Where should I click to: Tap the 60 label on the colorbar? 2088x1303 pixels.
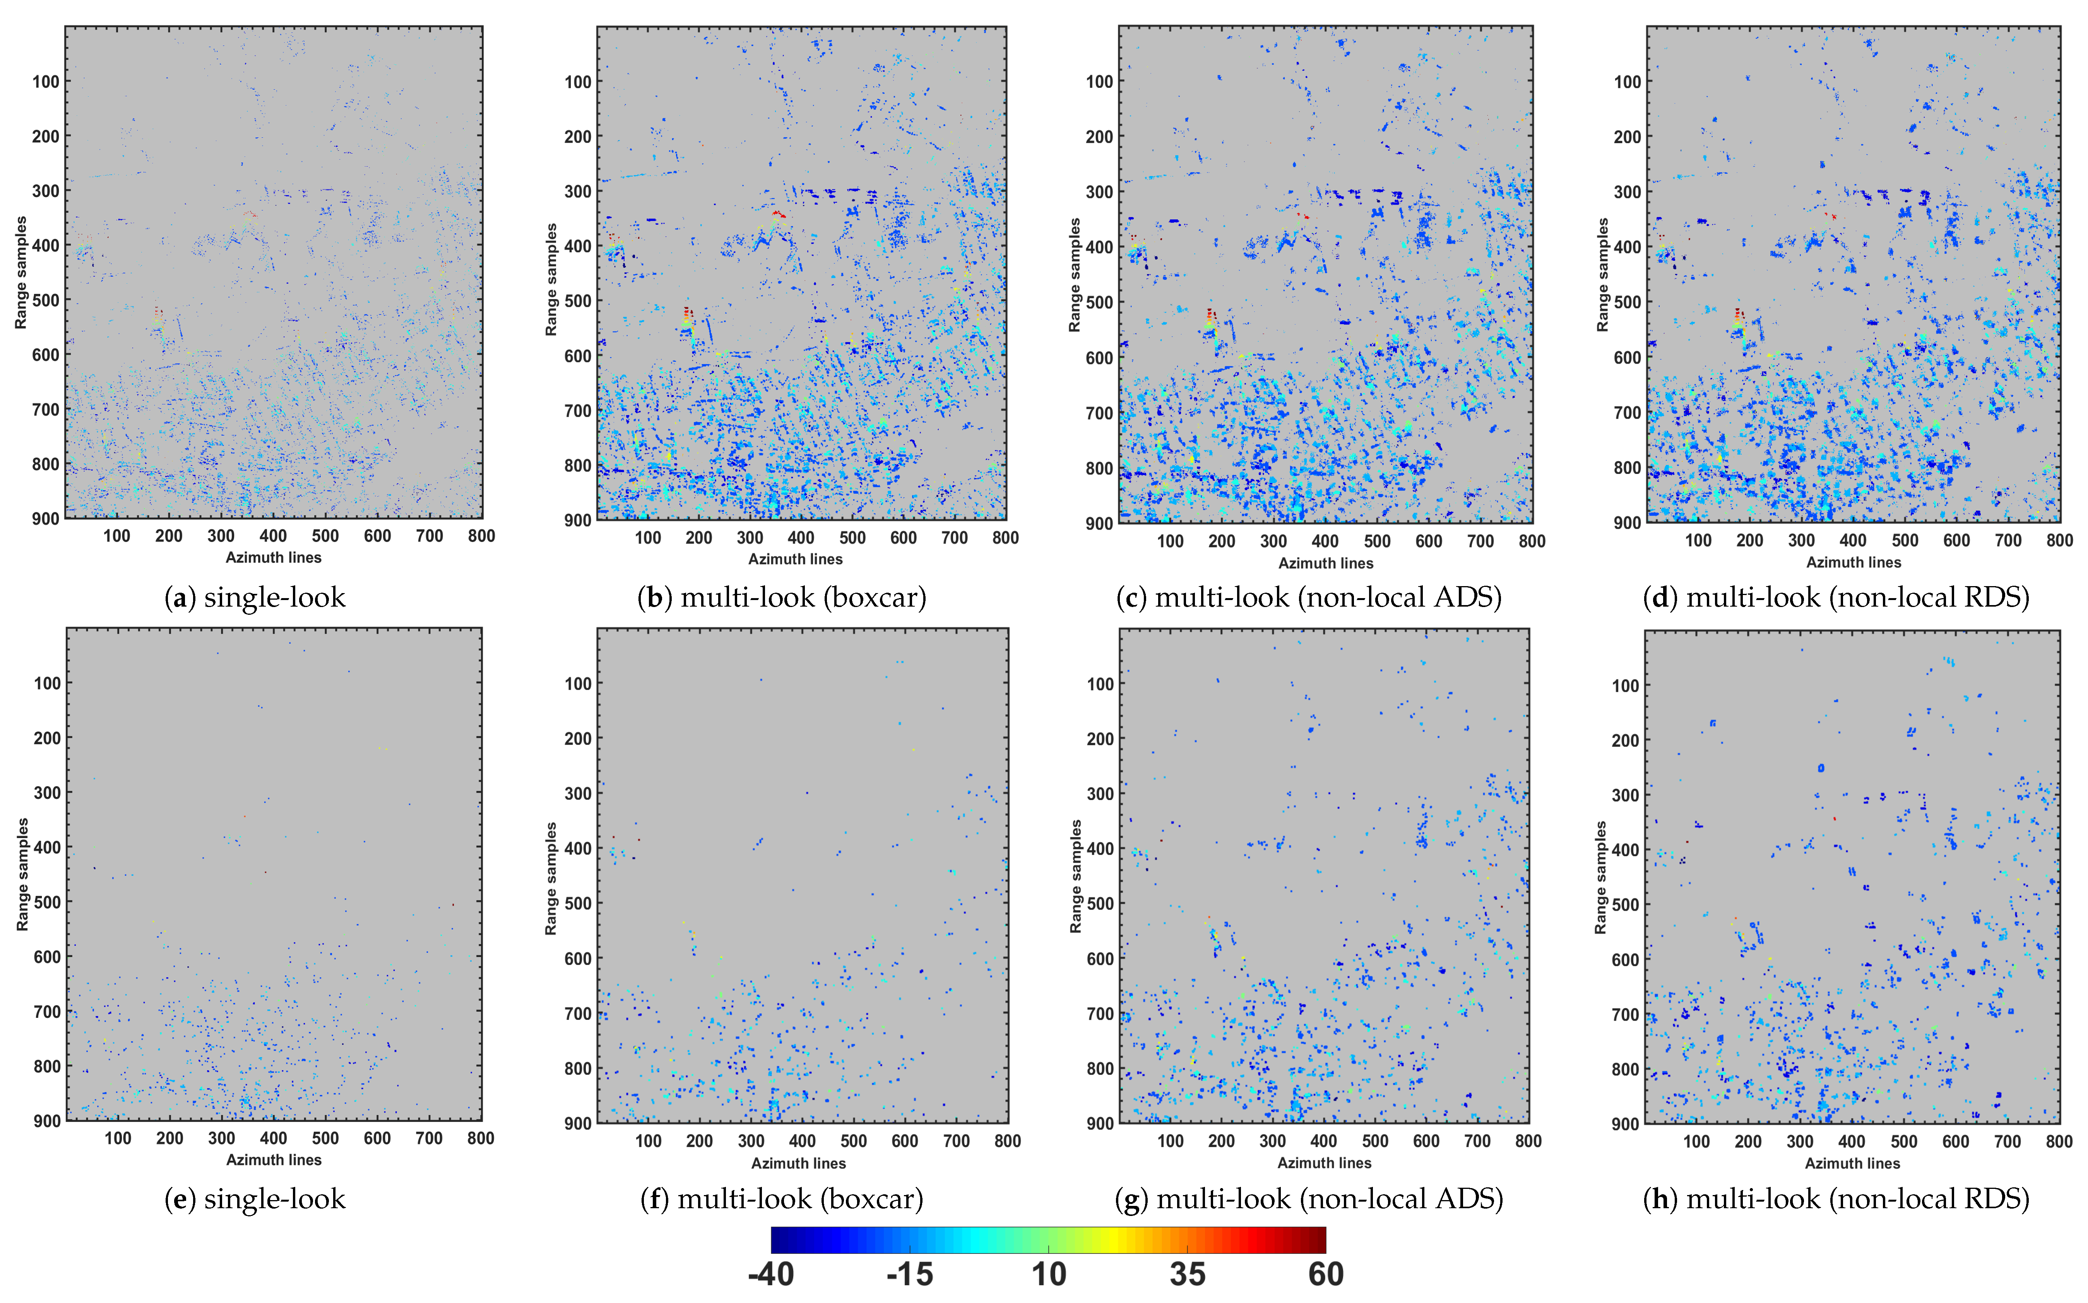1325,1274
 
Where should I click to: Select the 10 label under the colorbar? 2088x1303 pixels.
1049,1274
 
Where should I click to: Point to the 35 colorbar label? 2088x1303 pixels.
1188,1274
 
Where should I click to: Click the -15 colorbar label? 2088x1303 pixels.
910,1274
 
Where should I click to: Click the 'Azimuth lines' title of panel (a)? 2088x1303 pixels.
273,557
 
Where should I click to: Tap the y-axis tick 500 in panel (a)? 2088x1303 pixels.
46,300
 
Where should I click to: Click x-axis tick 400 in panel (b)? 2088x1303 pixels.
801,538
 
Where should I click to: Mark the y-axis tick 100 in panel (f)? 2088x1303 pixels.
577,683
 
